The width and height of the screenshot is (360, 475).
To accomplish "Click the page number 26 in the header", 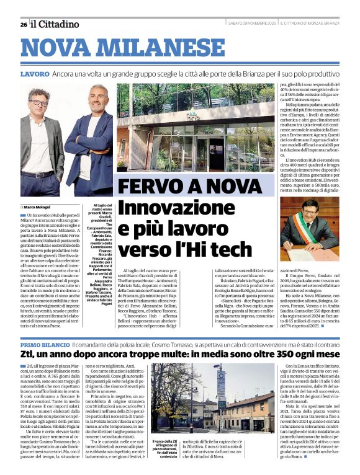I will click(23, 24).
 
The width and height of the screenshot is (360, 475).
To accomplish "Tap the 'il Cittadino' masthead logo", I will click(56, 24).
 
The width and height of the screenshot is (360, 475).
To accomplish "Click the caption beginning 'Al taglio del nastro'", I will click(101, 245).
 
